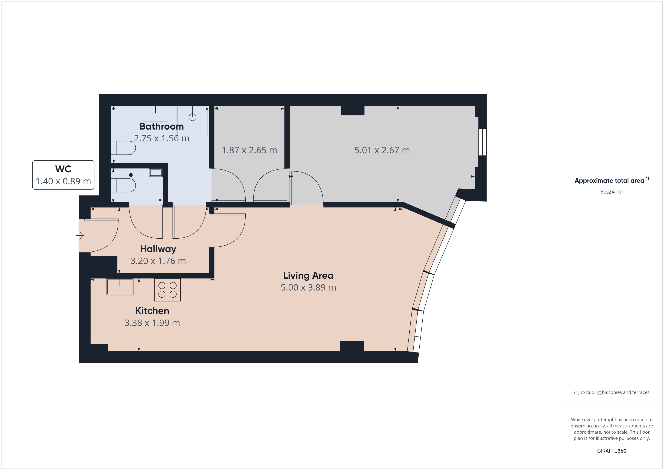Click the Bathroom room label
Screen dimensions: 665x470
(x=162, y=127)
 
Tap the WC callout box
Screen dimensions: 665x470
(x=63, y=175)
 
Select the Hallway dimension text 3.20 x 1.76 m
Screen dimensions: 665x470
(x=158, y=261)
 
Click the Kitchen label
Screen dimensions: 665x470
(x=152, y=311)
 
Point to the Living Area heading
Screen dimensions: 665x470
(x=308, y=275)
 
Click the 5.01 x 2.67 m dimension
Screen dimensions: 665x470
(x=382, y=150)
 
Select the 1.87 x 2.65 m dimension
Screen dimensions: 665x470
(x=249, y=150)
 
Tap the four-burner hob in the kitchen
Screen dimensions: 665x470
(x=167, y=290)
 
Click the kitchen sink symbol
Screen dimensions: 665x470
(x=120, y=287)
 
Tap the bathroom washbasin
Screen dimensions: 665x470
(x=156, y=113)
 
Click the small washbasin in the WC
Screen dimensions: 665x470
(x=156, y=172)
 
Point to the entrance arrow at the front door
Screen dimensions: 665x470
(x=80, y=236)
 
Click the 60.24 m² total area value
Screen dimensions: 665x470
(x=612, y=192)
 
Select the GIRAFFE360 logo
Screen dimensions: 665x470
(x=612, y=451)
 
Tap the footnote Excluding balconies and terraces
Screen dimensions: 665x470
(x=612, y=392)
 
